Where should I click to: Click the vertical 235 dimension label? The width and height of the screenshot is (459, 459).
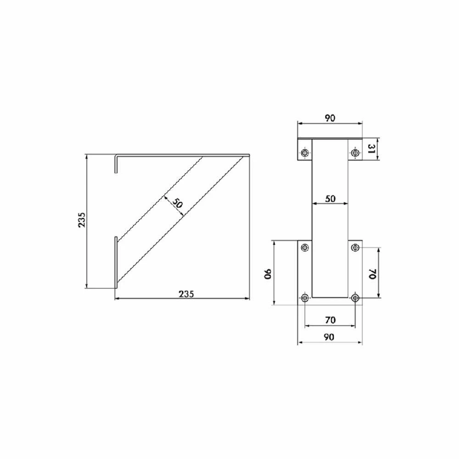point(82,220)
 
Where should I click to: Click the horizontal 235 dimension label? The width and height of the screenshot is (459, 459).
point(186,294)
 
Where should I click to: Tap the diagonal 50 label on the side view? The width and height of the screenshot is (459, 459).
point(177,202)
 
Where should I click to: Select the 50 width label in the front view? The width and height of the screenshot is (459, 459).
point(330,199)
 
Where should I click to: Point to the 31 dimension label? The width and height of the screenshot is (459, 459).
point(371,150)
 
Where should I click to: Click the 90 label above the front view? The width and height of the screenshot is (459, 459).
point(330,118)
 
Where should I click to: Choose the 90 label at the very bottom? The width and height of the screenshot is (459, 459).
point(329,337)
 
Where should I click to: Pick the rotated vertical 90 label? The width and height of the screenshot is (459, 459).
point(269,274)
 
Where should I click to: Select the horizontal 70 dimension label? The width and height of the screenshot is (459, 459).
point(330,320)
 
